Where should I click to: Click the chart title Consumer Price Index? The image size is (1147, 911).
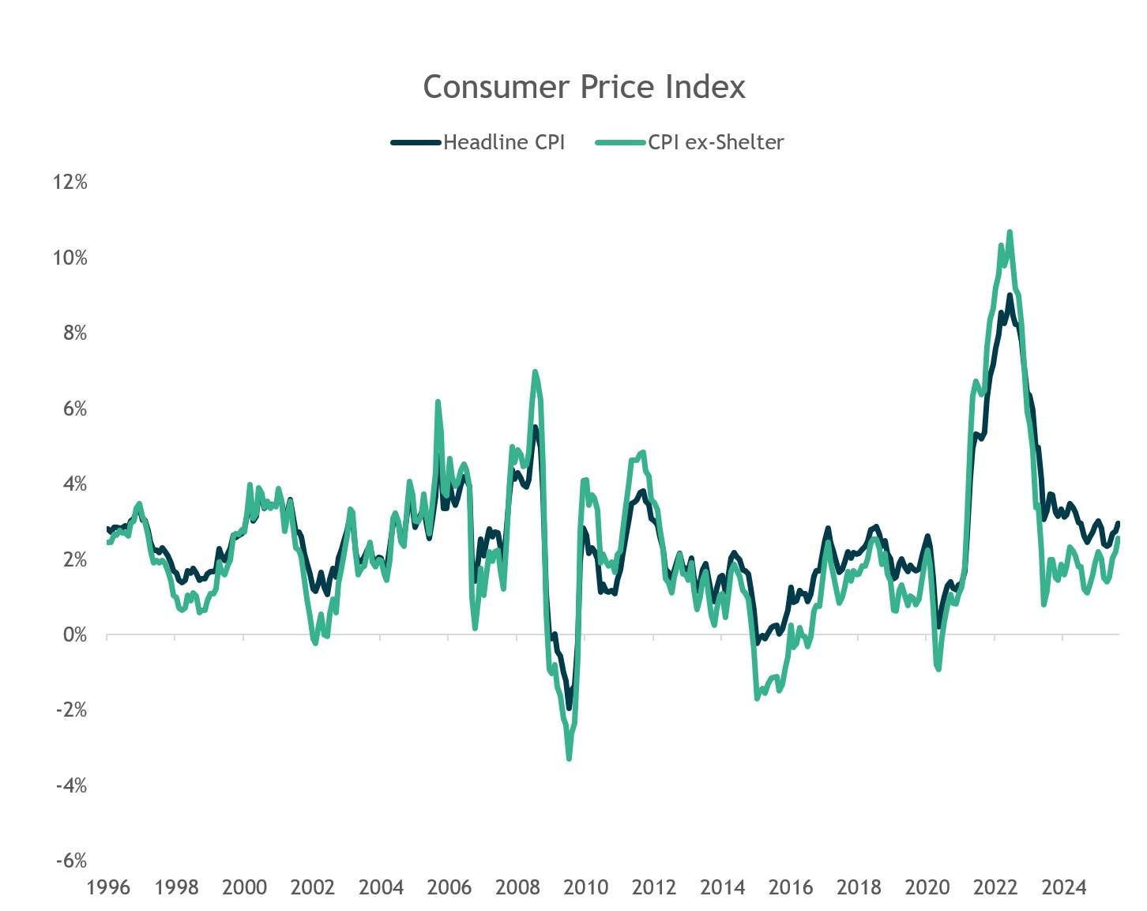tap(584, 87)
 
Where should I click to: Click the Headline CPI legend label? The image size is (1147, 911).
tap(504, 142)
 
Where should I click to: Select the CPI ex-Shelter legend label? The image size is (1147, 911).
tap(716, 142)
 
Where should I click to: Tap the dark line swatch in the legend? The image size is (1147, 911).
tap(416, 142)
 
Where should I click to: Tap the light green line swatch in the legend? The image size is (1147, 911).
tap(621, 142)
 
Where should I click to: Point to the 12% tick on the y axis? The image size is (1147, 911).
tap(70, 182)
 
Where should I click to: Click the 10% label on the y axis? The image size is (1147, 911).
tap(70, 258)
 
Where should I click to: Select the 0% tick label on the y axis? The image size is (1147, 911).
tap(73, 634)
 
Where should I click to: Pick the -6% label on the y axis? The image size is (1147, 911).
tap(70, 860)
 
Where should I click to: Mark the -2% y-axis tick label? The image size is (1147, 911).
tap(70, 710)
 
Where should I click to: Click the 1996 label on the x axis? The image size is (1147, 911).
tap(108, 887)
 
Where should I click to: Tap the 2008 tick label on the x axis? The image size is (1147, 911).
tap(517, 887)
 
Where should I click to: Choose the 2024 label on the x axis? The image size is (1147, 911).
tap(1063, 887)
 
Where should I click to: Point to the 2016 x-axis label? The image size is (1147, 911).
tap(791, 887)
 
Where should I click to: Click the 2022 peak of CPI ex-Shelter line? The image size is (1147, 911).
tap(1010, 232)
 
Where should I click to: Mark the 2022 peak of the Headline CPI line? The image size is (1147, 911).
tap(1010, 296)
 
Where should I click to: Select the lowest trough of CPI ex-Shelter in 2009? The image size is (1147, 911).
tap(569, 759)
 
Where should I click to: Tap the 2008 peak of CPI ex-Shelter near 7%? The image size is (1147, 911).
tap(535, 371)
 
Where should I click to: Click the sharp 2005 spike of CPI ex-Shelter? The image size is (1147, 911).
tap(438, 402)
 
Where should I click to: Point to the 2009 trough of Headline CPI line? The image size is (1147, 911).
tap(569, 708)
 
